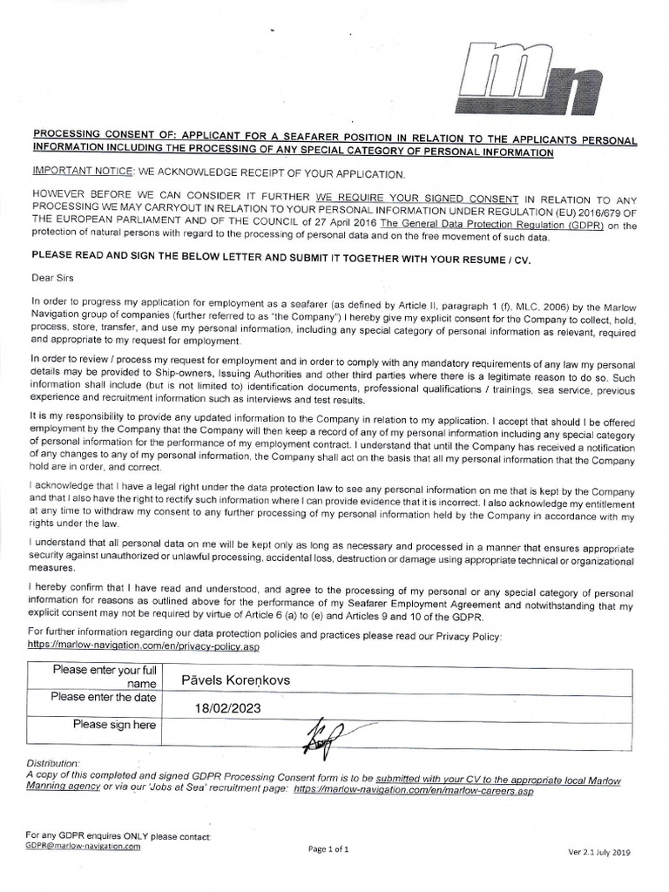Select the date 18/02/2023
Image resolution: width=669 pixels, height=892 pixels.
click(x=228, y=708)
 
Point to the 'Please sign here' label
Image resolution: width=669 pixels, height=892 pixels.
click(x=115, y=725)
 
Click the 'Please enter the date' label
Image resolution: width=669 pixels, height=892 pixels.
click(x=104, y=697)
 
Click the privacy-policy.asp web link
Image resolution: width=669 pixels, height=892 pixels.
click(x=145, y=647)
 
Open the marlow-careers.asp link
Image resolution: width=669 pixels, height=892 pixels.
click(x=414, y=791)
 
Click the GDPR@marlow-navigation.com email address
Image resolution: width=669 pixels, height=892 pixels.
click(x=83, y=846)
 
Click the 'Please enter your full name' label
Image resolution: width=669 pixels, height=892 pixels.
click(x=105, y=677)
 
